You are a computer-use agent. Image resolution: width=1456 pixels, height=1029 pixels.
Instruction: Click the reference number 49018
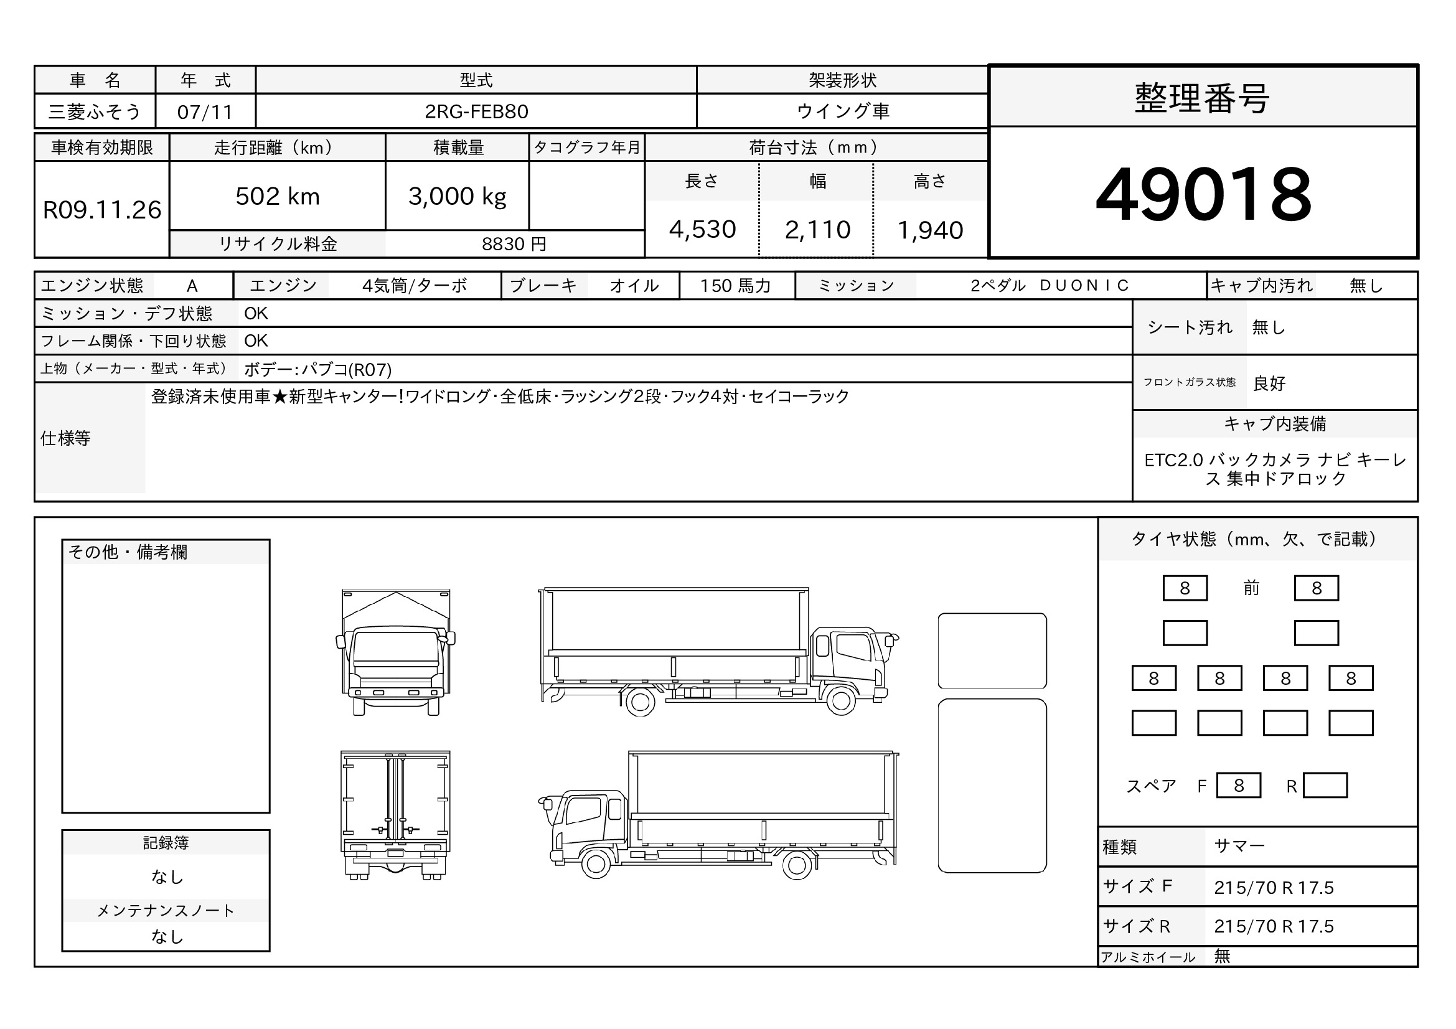pyautogui.click(x=1203, y=194)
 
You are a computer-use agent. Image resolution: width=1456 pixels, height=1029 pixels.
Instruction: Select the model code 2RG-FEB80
pyautogui.click(x=476, y=111)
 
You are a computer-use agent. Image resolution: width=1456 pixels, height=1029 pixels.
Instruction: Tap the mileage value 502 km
pyautogui.click(x=278, y=197)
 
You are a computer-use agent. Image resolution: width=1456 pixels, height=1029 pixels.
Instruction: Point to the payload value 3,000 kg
pyautogui.click(x=458, y=197)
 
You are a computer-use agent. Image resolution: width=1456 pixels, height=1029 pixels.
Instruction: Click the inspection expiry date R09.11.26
pyautogui.click(x=102, y=210)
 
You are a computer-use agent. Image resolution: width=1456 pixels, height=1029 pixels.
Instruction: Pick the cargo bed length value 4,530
pyautogui.click(x=703, y=230)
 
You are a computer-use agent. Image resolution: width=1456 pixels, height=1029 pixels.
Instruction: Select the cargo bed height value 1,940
pyautogui.click(x=930, y=230)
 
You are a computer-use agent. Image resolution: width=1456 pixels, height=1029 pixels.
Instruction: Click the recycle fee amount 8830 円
pyautogui.click(x=514, y=244)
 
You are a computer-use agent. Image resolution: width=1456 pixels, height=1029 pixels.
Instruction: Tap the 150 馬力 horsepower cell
pyautogui.click(x=735, y=286)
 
